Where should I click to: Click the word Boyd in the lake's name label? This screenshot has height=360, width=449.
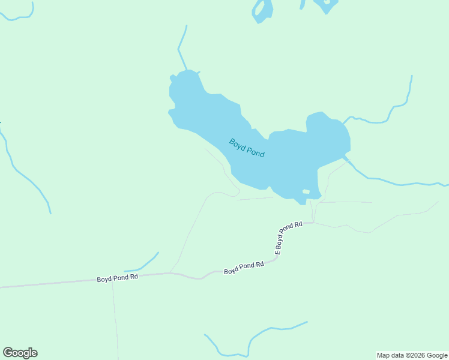click(238, 144)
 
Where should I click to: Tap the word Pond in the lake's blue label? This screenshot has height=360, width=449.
click(256, 152)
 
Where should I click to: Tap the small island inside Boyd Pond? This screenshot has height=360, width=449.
click(306, 191)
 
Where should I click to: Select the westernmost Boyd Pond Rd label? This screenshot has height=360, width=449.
click(118, 279)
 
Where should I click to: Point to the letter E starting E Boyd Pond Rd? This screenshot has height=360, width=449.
click(278, 253)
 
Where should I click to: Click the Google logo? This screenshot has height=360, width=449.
click(20, 353)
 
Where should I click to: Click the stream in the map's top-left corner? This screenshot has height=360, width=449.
click(18, 16)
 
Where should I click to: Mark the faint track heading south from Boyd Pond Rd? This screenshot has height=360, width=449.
click(115, 318)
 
